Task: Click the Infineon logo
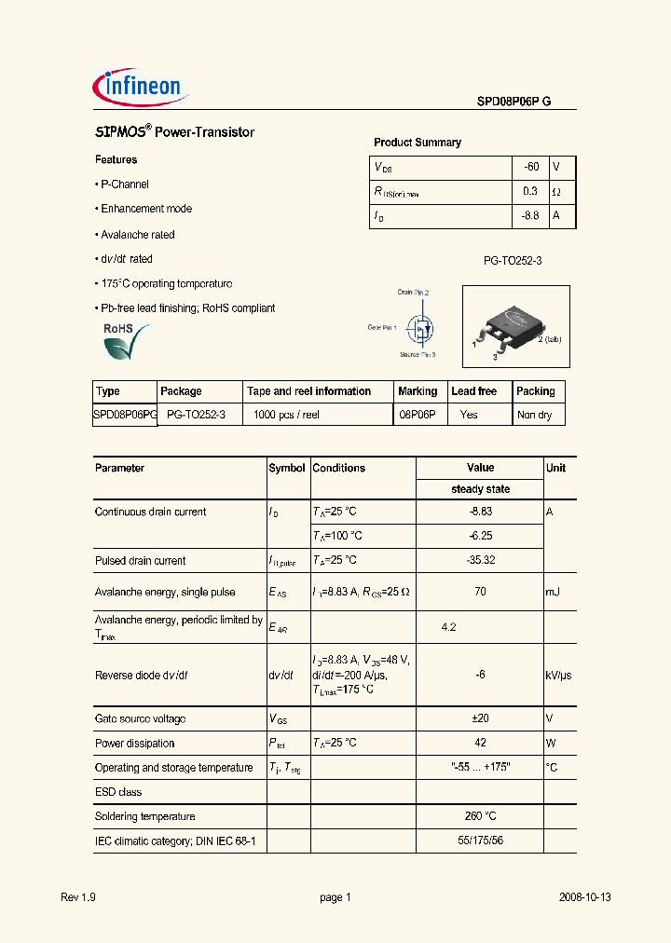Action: [x=141, y=88]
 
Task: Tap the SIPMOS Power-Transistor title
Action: [x=175, y=132]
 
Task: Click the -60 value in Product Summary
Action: [x=531, y=167]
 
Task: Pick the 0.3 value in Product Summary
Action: [x=530, y=191]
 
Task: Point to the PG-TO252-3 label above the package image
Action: [x=512, y=261]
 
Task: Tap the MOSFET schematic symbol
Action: [x=423, y=328]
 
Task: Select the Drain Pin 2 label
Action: [x=414, y=293]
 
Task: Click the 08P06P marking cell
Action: [x=418, y=415]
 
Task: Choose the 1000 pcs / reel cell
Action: [x=286, y=415]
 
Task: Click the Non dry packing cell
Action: [x=534, y=415]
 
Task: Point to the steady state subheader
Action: [x=480, y=489]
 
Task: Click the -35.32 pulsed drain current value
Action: [x=480, y=560]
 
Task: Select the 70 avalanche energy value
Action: [x=480, y=592]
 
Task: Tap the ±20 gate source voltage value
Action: [x=480, y=718]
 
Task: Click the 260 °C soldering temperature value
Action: [x=480, y=816]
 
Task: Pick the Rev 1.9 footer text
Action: [x=78, y=897]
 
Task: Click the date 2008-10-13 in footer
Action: [x=584, y=897]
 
